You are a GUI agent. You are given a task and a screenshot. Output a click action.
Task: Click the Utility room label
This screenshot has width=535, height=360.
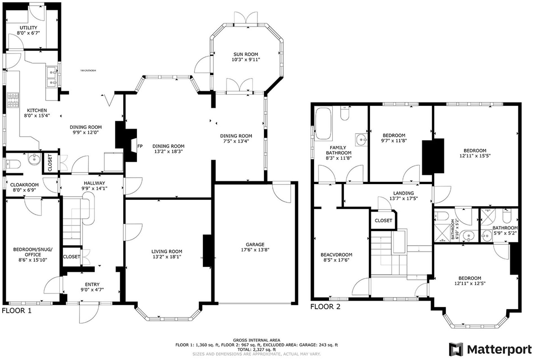pos(28,28)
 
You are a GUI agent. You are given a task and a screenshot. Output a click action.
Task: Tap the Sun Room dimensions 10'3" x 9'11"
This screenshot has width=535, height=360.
pos(246,60)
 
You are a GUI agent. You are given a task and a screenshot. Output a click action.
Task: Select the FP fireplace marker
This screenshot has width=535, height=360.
pos(140,146)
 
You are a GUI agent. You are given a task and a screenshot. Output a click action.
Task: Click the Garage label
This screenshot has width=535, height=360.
pos(255,244)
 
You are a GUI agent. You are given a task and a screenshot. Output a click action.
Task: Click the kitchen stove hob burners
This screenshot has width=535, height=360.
pos(13,100)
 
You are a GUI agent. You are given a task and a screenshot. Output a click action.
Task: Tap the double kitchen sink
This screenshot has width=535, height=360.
pos(51,78)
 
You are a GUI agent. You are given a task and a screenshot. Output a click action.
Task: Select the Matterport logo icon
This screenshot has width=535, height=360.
pos(456,349)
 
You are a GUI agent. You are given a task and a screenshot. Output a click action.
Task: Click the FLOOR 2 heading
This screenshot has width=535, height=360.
pos(325,307)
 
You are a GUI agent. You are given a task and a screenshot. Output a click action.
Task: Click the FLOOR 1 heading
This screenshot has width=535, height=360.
pos(17,310)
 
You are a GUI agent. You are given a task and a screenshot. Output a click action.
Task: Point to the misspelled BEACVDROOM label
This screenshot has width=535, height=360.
pos(336,255)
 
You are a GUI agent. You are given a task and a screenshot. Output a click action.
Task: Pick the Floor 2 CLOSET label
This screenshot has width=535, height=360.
pos(383,220)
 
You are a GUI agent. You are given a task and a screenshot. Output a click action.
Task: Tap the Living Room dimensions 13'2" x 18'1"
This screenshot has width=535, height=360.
pos(167,257)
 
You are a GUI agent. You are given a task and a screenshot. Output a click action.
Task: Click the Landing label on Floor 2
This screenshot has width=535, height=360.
pos(403,193)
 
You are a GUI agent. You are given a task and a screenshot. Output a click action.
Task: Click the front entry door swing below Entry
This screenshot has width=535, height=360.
pos(89,314)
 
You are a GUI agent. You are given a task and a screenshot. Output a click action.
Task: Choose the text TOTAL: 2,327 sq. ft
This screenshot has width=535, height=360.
pos(256,350)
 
